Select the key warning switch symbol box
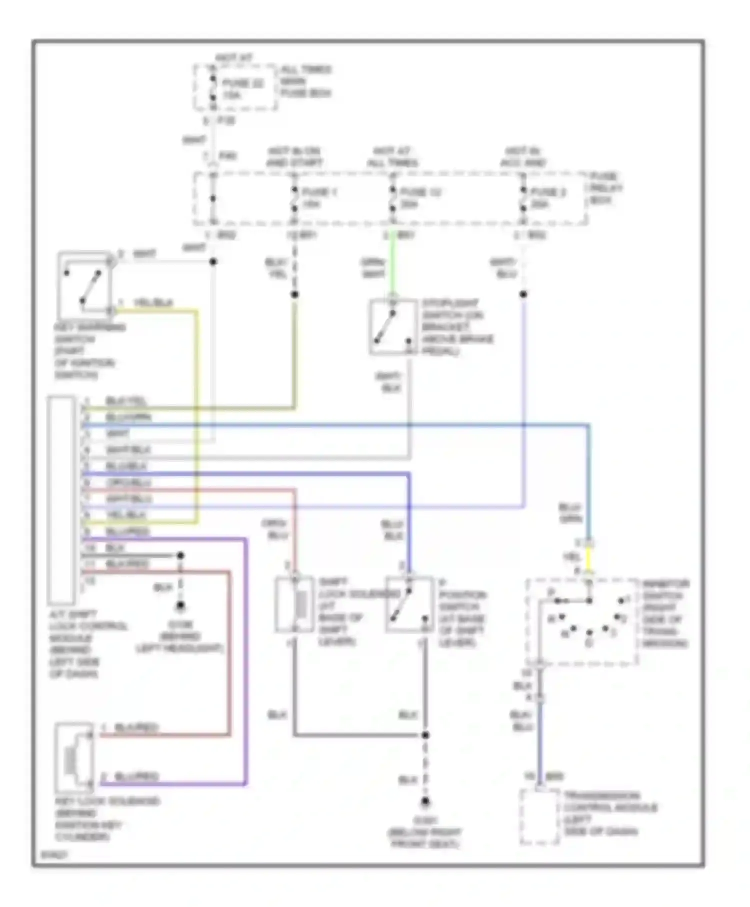(x=84, y=283)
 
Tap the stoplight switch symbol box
(x=393, y=327)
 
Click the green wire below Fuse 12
(x=393, y=262)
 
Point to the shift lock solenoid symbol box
(x=294, y=604)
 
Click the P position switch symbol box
(x=409, y=604)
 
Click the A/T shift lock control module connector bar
(x=61, y=500)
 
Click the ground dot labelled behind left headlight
(x=180, y=606)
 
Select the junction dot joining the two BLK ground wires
(x=425, y=735)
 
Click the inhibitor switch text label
(x=665, y=613)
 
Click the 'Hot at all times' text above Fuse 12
(x=392, y=156)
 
